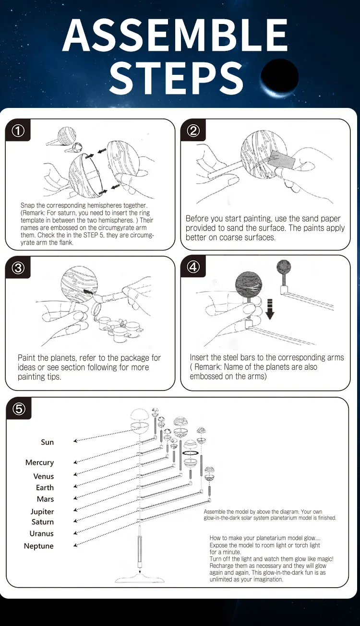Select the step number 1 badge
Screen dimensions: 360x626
coord(18,130)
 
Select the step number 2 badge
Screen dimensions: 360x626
coord(193,130)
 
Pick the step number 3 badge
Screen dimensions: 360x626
coord(18,268)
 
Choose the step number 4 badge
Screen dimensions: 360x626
coord(193,267)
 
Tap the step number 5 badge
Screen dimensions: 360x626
coord(18,409)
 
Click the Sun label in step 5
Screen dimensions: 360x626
coord(47,442)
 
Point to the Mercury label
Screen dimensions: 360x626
coord(39,462)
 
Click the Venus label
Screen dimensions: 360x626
coord(44,476)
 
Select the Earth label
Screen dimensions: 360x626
coord(45,487)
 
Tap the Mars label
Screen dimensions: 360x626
coord(45,499)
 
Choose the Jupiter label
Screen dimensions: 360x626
coord(42,511)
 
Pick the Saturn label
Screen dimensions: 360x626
coord(43,522)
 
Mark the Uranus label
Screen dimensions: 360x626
coord(42,533)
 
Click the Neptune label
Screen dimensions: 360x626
coord(39,546)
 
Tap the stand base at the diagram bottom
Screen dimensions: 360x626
coord(140,579)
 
